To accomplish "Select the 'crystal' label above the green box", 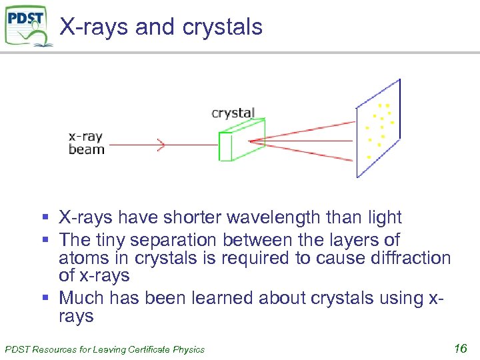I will click(x=233, y=113).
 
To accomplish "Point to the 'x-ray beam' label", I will click(x=86, y=143).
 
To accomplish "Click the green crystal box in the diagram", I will click(x=241, y=141).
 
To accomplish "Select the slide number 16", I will click(x=459, y=347).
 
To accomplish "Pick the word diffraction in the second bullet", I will click(x=405, y=257).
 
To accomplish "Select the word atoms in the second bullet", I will click(x=83, y=257).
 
